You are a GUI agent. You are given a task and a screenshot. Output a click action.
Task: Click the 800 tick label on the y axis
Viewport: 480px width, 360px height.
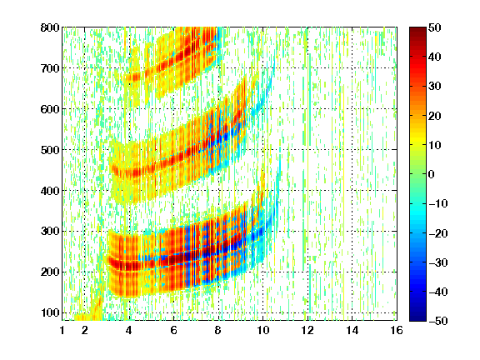click(50, 27)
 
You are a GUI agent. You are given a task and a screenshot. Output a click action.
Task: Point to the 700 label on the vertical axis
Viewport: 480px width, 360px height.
click(50, 68)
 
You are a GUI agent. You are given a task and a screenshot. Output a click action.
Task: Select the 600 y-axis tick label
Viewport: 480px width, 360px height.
click(50, 109)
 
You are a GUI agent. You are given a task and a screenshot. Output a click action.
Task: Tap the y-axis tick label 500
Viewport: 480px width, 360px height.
click(50, 150)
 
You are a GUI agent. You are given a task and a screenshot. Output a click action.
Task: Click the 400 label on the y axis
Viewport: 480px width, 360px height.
click(50, 191)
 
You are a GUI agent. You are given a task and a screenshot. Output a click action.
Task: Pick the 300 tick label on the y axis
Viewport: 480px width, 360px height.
click(50, 232)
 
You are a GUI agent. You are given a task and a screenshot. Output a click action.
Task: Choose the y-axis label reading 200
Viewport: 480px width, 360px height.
click(50, 272)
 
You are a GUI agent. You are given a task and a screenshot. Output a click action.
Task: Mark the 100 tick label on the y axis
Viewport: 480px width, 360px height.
click(50, 312)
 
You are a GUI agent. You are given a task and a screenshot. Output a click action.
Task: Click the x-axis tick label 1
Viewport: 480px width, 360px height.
click(62, 330)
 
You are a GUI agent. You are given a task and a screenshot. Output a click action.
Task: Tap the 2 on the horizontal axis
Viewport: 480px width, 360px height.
click(85, 330)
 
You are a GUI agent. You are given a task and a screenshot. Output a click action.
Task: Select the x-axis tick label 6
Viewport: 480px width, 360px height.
click(173, 330)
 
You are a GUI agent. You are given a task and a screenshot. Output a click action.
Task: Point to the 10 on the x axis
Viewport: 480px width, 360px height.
click(262, 330)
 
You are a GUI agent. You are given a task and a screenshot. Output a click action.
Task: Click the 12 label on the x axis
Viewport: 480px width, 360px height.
click(307, 330)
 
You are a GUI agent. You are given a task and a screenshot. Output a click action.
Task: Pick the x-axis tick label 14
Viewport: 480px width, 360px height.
click(352, 330)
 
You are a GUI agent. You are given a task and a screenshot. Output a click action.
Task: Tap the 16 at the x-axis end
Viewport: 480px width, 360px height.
click(397, 330)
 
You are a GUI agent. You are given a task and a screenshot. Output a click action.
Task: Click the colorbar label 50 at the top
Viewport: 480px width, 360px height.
click(434, 27)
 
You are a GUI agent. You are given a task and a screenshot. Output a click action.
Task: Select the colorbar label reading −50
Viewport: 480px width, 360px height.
click(437, 321)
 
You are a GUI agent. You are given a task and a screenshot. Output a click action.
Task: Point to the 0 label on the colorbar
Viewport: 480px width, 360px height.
click(432, 174)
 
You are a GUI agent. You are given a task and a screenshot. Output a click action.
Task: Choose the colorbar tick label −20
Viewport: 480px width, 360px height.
click(437, 233)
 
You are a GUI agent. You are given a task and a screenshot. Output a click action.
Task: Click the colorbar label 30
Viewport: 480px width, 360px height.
click(434, 87)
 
